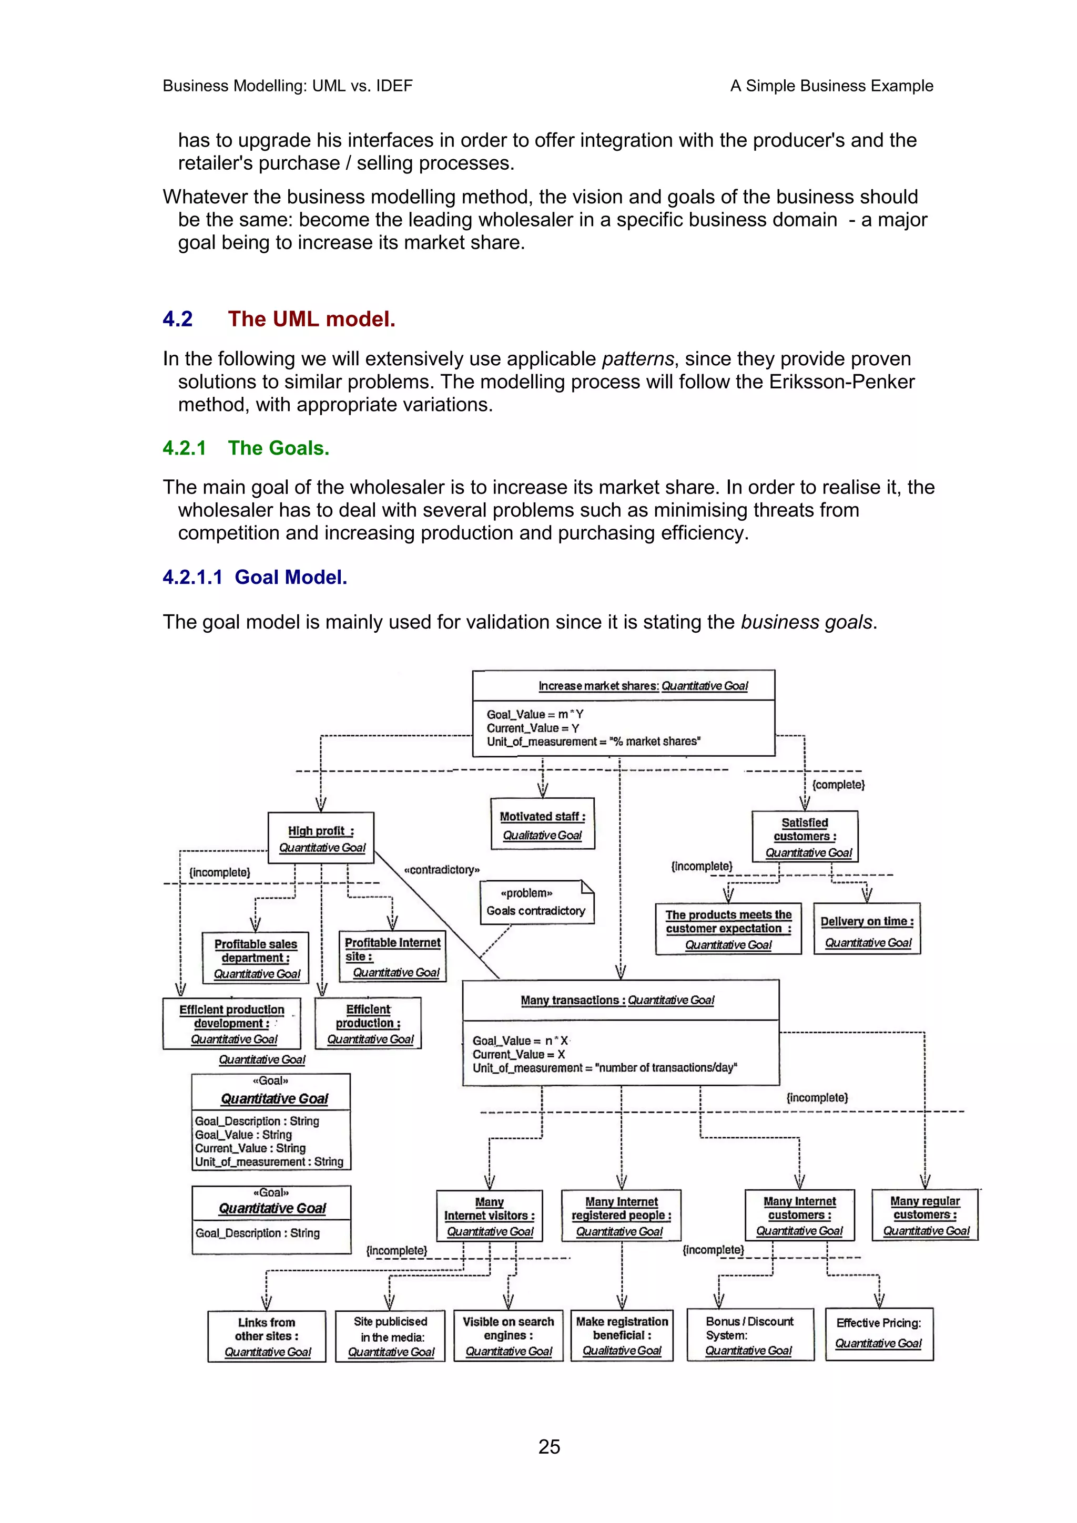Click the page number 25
pyautogui.click(x=549, y=1446)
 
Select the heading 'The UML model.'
pyautogui.click(x=311, y=319)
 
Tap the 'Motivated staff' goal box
pyautogui.click(x=542, y=824)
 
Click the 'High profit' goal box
pyautogui.click(x=321, y=838)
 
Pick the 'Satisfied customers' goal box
pyautogui.click(x=805, y=837)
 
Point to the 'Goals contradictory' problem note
pyautogui.click(x=536, y=903)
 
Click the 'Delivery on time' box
pyautogui.click(x=867, y=929)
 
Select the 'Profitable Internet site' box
pyautogui.click(x=392, y=956)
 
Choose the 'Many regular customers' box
pyautogui.click(x=925, y=1215)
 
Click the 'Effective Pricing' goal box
pyautogui.click(x=879, y=1333)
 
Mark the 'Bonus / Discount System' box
pyautogui.click(x=750, y=1335)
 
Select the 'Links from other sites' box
pyautogui.click(x=267, y=1336)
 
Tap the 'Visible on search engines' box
pyautogui.click(x=509, y=1335)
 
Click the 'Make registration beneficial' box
pyautogui.click(x=622, y=1335)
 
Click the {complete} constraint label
pyautogui.click(x=838, y=785)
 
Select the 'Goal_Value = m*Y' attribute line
pyautogui.click(x=535, y=714)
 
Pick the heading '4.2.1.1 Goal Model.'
pyautogui.click(x=255, y=577)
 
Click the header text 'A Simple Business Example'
pyautogui.click(x=831, y=86)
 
